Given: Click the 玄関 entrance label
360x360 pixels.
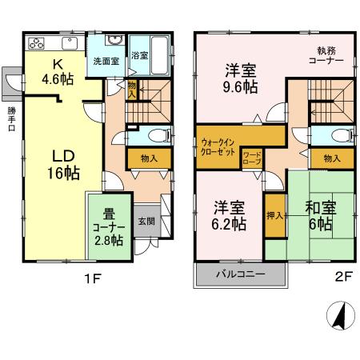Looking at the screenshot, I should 146,220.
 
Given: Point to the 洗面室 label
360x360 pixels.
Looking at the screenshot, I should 104,61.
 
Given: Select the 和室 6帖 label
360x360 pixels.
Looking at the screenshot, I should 320,214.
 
